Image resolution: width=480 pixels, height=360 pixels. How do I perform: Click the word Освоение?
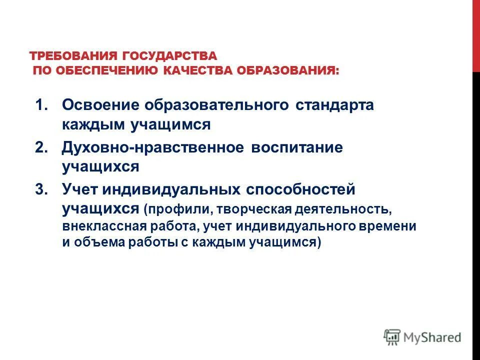click(100, 105)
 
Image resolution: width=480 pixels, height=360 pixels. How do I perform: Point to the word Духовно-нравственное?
click(153, 148)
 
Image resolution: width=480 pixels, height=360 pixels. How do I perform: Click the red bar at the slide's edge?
click(476, 35)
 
